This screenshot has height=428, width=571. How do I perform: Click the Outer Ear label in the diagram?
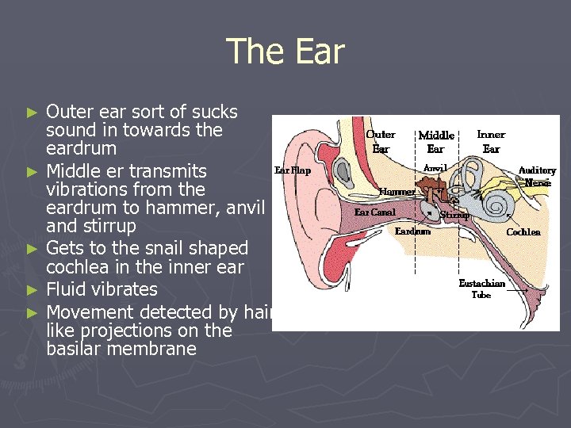click(381, 141)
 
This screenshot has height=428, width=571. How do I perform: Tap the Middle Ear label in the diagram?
click(435, 142)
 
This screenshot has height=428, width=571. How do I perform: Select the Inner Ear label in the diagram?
click(491, 141)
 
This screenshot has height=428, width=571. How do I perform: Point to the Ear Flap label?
click(293, 170)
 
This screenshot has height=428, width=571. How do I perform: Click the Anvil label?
click(435, 168)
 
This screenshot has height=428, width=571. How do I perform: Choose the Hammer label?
click(397, 192)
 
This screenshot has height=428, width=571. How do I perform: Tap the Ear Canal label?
click(374, 212)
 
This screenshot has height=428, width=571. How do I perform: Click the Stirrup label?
click(455, 215)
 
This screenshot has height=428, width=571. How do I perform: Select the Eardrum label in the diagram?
click(412, 231)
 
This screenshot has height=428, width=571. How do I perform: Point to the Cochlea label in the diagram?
click(523, 232)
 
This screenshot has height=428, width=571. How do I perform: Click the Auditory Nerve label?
click(537, 176)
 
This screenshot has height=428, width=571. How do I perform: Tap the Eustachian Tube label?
click(481, 289)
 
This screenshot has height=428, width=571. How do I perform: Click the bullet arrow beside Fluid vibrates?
click(32, 290)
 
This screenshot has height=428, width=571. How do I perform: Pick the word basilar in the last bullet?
click(75, 349)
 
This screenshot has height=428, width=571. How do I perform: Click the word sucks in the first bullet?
click(214, 112)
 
